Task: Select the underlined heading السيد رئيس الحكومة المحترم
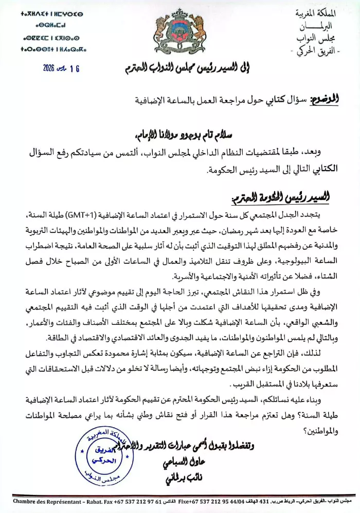point(280,198)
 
